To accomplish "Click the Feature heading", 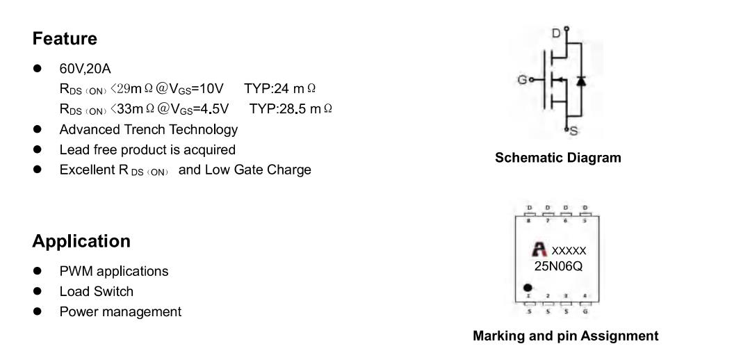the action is coord(65,38).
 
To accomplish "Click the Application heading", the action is coord(81,241).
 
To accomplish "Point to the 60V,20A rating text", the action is coord(85,69).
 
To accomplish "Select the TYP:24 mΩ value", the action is coord(280,88).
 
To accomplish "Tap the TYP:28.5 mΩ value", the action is coord(291,108).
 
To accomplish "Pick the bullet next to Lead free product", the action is coord(38,149).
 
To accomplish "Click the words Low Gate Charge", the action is coord(258,170).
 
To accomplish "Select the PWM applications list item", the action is coord(114,272).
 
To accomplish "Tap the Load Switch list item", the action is coord(96,291).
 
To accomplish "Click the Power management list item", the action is coord(120,312).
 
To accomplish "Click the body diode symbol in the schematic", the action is coord(580,81).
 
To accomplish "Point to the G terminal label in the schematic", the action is coord(523,79).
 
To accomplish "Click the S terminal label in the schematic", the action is coord(573,131).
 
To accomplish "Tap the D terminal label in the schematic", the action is coord(556,33).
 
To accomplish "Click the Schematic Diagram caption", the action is coord(557,157).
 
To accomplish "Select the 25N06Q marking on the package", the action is coord(559,266).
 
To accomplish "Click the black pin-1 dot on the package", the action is coord(528,288).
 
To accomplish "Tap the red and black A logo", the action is coord(539,249).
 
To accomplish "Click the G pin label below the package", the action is coord(585,312).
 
